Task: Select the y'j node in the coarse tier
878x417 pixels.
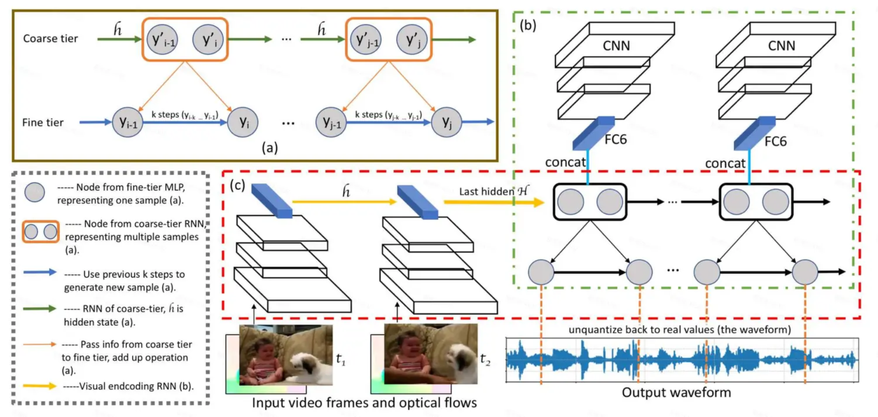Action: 411,40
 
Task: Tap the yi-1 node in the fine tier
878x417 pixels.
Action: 127,122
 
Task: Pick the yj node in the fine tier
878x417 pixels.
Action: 446,122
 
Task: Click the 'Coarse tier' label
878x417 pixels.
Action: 51,38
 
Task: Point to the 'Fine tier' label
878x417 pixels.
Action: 43,122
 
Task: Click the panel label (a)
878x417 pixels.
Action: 270,148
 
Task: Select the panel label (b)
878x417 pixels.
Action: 528,26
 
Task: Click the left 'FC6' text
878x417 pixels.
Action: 616,139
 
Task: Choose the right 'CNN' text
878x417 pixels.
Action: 781,46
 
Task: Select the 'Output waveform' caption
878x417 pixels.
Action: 676,393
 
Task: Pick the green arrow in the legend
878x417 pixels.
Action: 40,309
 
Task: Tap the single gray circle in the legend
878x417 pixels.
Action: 34,192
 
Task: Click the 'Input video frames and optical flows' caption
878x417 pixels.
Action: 364,403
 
